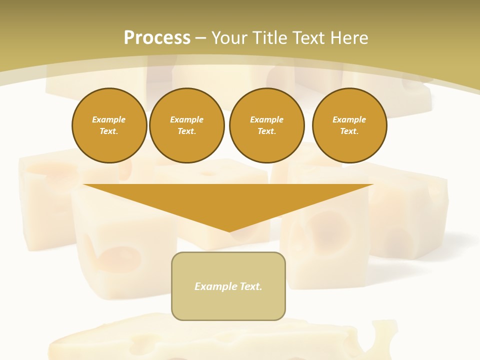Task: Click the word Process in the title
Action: pos(157,38)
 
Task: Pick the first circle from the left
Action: pos(109,125)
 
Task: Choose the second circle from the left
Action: pos(187,125)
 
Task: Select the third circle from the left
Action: pos(267,125)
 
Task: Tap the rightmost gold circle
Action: pos(349,125)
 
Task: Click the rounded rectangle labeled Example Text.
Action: pos(228,286)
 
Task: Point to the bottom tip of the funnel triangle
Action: pos(229,231)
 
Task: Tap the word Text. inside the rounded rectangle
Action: pos(250,286)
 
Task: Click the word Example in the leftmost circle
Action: pos(109,120)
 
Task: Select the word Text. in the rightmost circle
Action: pos(349,131)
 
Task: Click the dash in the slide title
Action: pos(200,38)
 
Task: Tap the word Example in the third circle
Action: pos(267,120)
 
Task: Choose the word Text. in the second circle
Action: pos(187,131)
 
